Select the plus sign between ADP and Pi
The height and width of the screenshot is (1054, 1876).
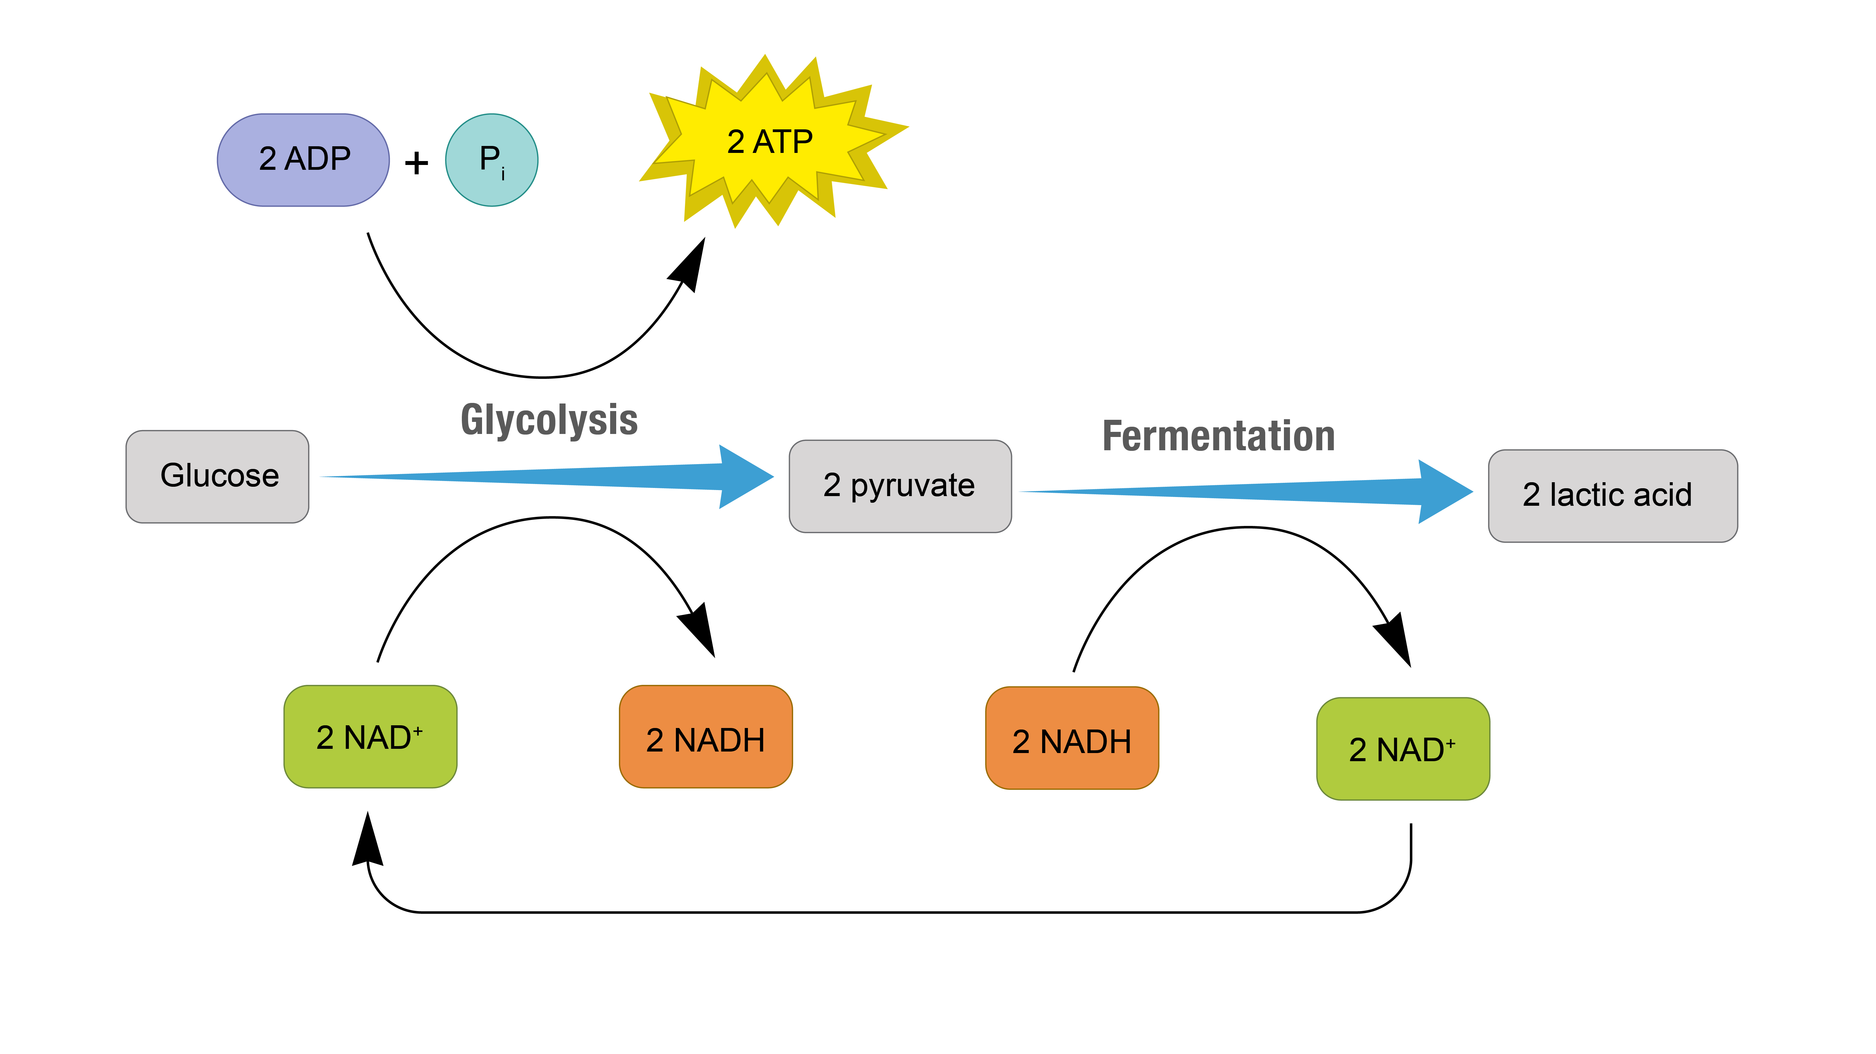[x=417, y=163]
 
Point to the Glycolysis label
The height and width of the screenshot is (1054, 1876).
[x=549, y=420]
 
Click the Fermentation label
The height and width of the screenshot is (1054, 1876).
[x=1219, y=436]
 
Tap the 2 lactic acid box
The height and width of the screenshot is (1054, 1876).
[x=1612, y=495]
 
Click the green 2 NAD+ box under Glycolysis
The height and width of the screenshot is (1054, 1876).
[x=370, y=736]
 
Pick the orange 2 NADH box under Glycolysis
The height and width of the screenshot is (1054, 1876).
[x=705, y=736]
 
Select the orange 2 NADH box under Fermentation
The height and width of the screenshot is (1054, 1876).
[x=1071, y=738]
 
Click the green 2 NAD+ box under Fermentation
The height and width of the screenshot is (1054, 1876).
[x=1403, y=749]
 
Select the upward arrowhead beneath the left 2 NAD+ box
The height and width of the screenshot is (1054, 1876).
[x=368, y=841]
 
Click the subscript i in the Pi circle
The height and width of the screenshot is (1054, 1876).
[x=503, y=175]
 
